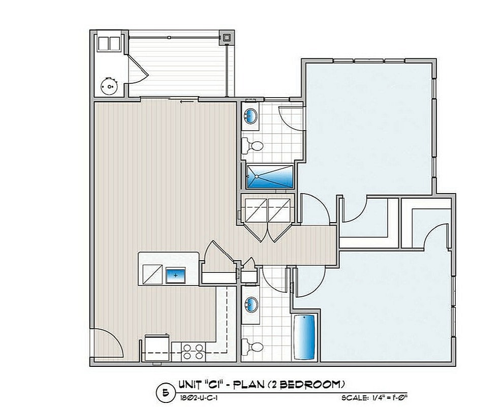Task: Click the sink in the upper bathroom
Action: (x=251, y=116)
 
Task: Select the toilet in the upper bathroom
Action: (x=254, y=146)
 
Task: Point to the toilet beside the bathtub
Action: (x=254, y=347)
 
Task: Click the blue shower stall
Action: (x=270, y=176)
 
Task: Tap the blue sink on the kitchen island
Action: (x=176, y=275)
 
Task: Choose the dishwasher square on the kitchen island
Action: (x=151, y=275)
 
